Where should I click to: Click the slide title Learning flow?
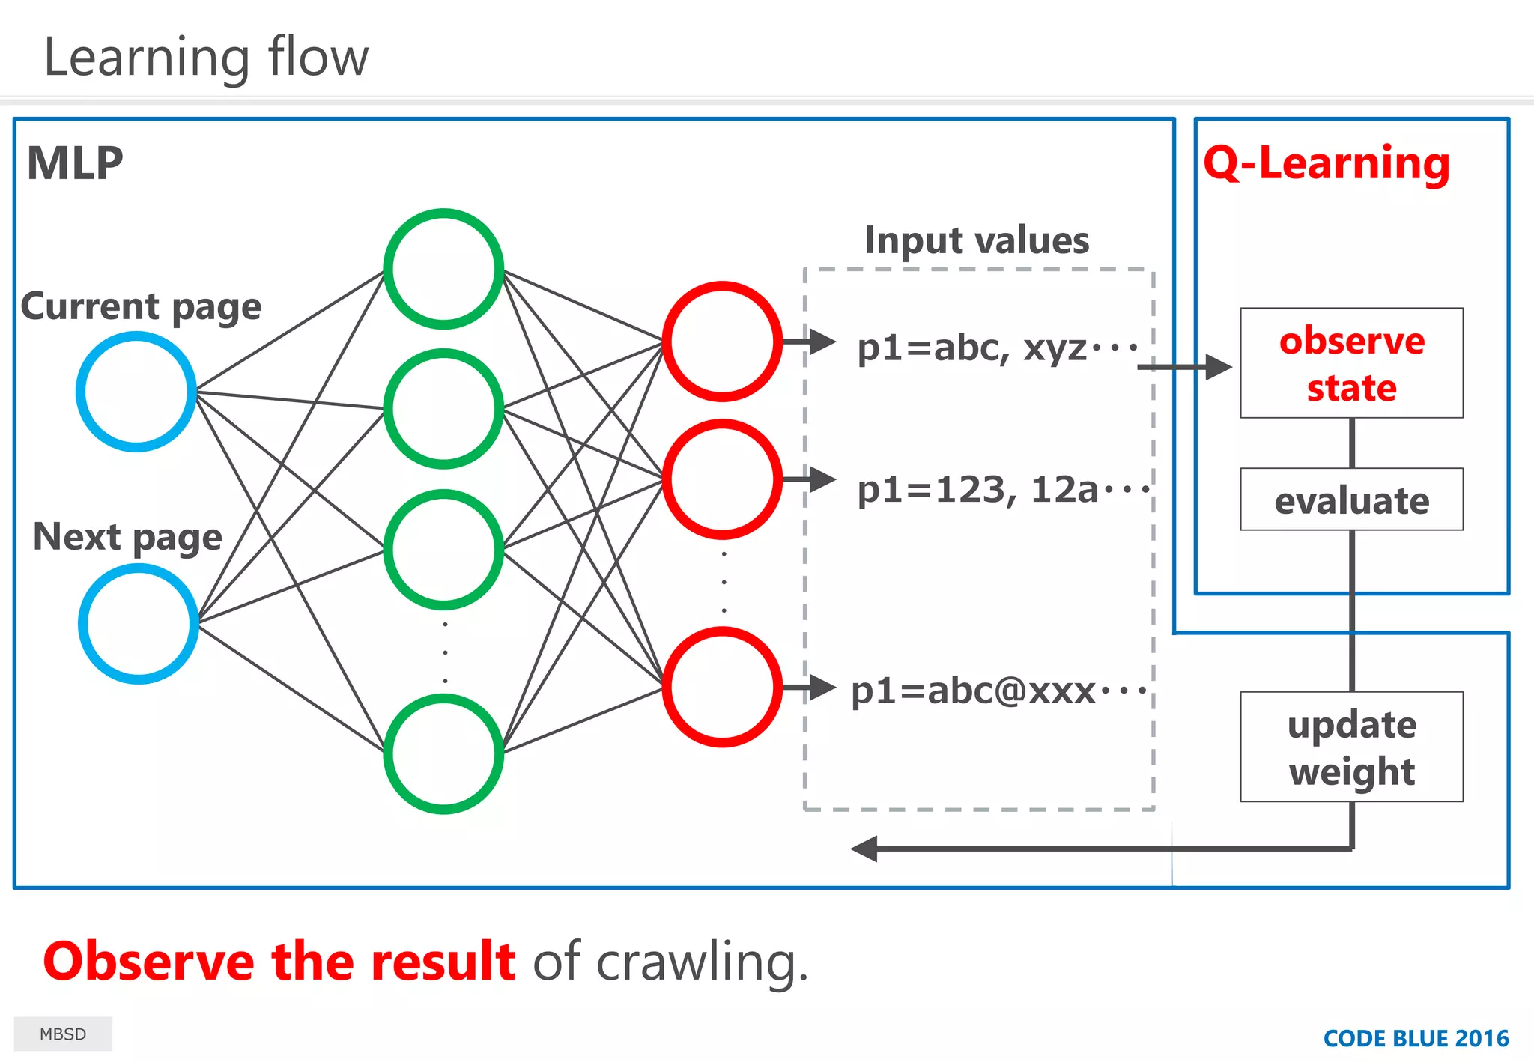point(206,58)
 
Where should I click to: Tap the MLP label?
point(75,163)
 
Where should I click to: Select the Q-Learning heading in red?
point(1327,163)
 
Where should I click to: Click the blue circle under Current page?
point(136,392)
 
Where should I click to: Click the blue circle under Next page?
point(139,623)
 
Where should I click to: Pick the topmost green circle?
point(443,269)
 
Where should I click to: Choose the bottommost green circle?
point(443,753)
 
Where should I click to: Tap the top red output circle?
point(722,342)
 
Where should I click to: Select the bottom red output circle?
point(722,687)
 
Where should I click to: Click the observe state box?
point(1351,363)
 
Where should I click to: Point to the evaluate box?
point(1351,500)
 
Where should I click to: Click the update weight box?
point(1351,747)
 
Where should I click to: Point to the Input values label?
point(977,240)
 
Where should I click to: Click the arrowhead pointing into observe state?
point(1219,367)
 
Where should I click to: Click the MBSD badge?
point(63,1034)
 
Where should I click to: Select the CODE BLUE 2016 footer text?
point(1416,1038)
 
